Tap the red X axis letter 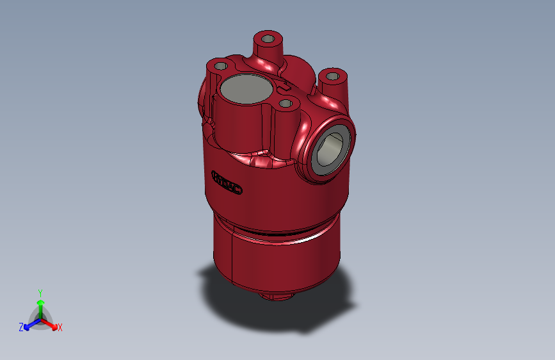click(60, 327)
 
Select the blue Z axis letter click(21, 327)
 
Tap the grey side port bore click(330, 148)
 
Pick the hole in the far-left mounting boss click(220, 65)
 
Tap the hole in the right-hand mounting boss click(332, 77)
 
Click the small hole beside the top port click(286, 102)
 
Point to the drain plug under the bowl click(276, 297)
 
